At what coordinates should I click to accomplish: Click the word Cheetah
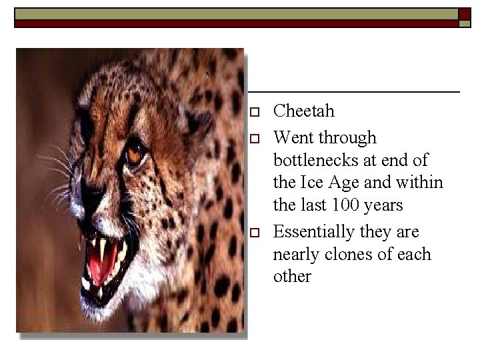(304, 111)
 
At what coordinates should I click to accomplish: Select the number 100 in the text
(342, 205)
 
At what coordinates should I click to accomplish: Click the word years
(381, 205)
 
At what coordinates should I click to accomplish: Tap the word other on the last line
(292, 276)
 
